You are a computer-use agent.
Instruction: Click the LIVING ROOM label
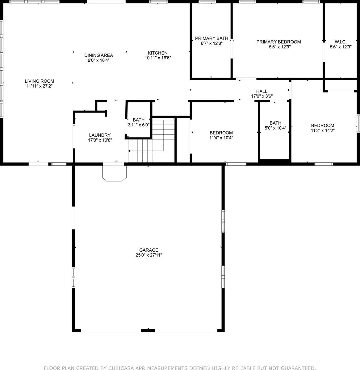[40, 81]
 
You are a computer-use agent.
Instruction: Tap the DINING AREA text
[98, 55]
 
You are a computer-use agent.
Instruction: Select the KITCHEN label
[158, 53]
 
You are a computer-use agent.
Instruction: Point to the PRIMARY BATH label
[211, 39]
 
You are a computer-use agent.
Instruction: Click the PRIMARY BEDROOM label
[278, 42]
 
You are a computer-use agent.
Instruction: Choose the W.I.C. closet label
[341, 42]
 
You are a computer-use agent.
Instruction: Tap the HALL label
[262, 91]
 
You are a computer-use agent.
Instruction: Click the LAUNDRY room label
[100, 135]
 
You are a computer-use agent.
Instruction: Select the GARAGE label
[149, 250]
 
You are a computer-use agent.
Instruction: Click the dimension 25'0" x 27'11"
[149, 255]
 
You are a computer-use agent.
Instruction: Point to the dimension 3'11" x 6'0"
[139, 125]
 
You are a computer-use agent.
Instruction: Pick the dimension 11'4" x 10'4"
[221, 138]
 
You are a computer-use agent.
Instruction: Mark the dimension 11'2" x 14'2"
[323, 130]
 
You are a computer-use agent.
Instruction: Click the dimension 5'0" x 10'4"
[275, 128]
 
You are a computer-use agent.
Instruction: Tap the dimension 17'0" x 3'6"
[262, 96]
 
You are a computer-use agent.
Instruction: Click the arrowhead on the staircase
[129, 151]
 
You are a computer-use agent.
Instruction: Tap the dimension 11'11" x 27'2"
[40, 86]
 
